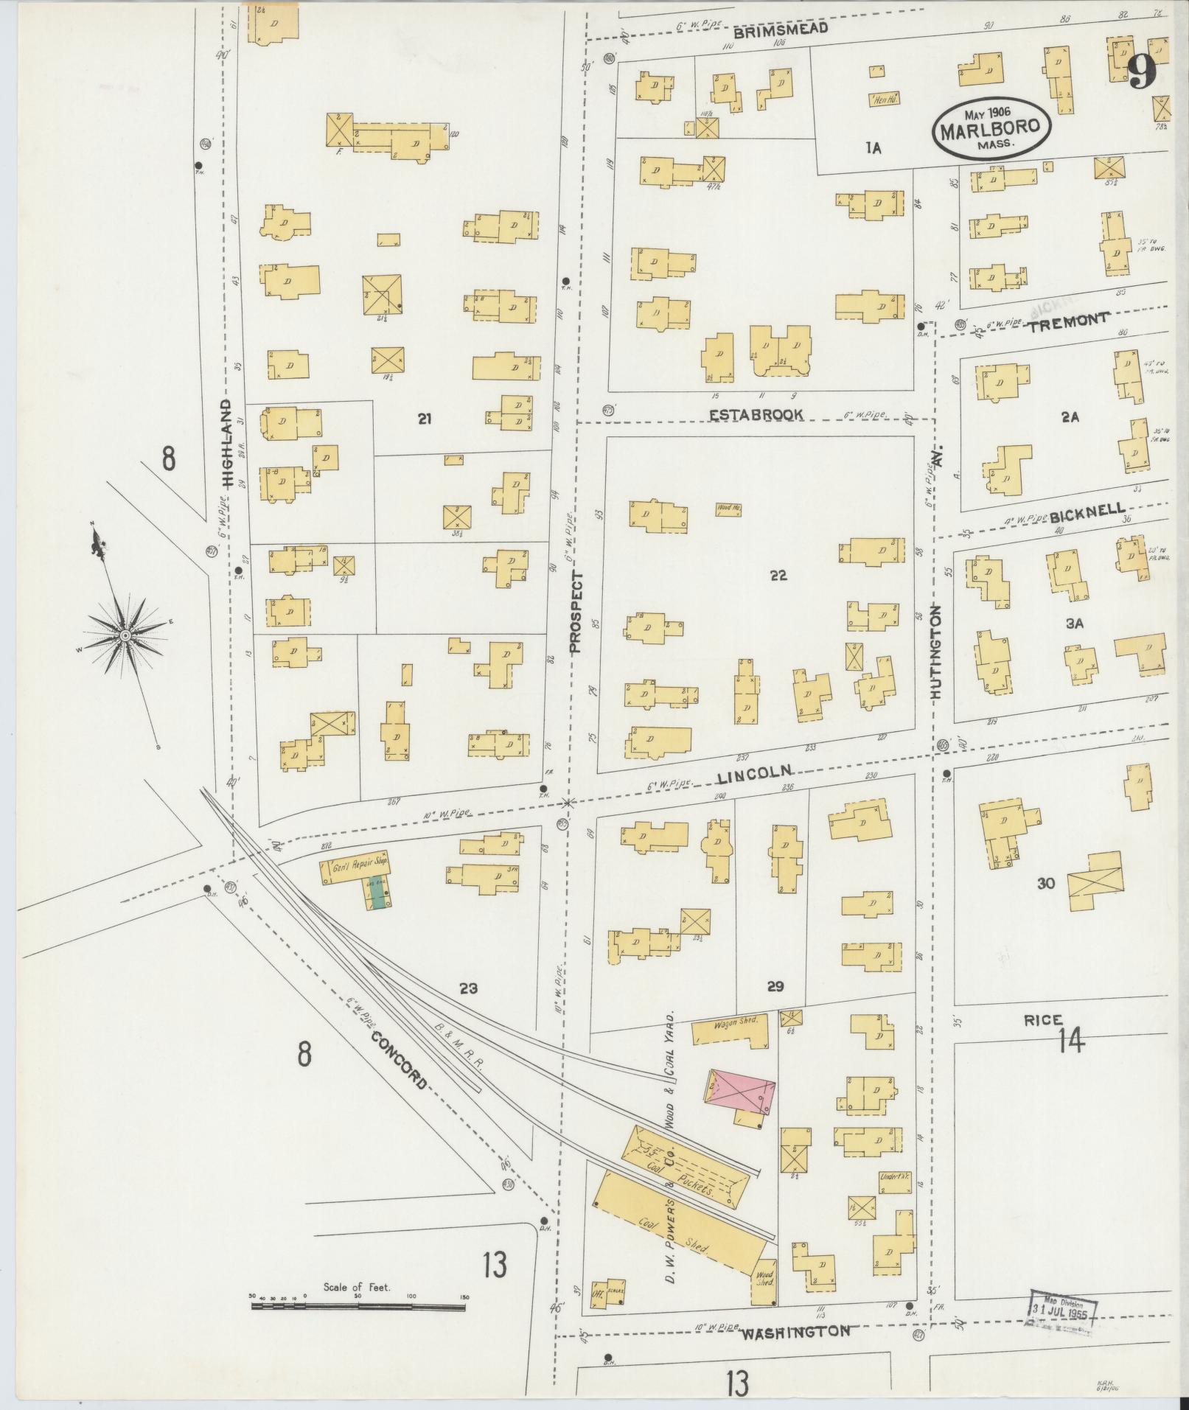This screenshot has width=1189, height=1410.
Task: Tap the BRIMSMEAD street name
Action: point(781,29)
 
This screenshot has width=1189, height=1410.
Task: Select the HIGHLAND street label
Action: point(226,444)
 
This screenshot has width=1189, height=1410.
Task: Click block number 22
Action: point(778,576)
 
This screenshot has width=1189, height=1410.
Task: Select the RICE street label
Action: point(1043,1020)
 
